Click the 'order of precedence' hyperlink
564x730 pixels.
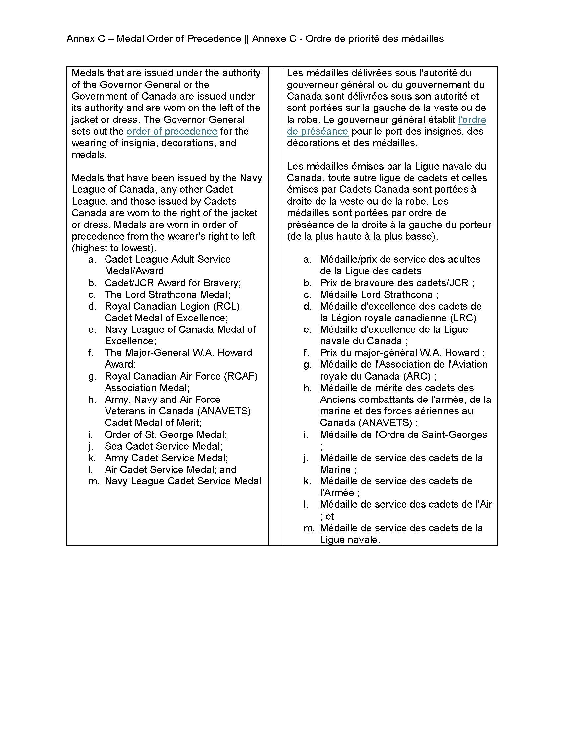(x=172, y=131)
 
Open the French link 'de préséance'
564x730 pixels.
(x=317, y=131)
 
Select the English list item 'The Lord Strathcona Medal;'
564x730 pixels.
(x=168, y=294)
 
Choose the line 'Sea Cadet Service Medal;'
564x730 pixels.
(x=163, y=446)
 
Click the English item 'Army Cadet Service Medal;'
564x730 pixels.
(x=166, y=458)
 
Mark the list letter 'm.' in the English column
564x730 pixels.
(x=94, y=481)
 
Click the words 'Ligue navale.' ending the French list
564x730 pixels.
(x=350, y=540)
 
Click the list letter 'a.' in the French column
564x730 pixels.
(x=308, y=259)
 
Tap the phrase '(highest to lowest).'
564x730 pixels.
(x=114, y=248)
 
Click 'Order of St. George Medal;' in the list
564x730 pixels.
(x=166, y=435)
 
